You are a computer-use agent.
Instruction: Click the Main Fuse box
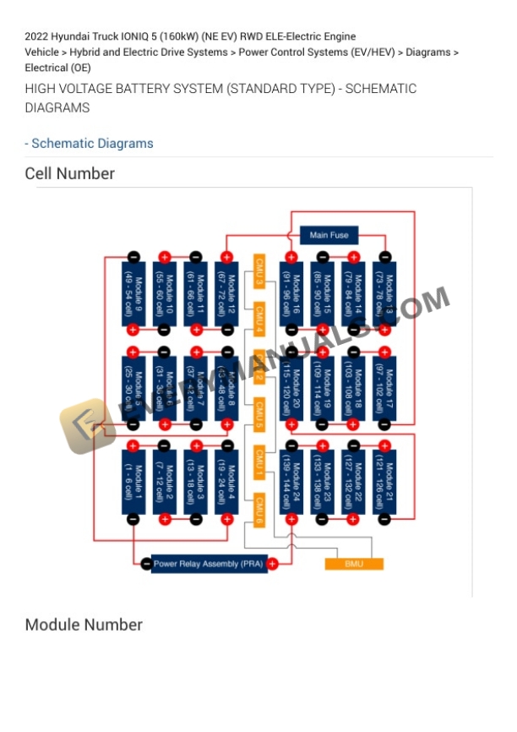(329, 235)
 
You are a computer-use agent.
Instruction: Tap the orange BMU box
(354, 564)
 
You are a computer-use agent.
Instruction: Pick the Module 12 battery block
(226, 292)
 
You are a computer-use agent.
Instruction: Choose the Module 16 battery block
(291, 292)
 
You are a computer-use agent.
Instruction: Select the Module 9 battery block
(133, 292)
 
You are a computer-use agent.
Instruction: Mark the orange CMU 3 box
(259, 266)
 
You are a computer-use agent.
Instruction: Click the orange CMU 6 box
(259, 509)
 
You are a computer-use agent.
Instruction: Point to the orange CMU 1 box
(259, 461)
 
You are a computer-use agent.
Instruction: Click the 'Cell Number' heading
(69, 173)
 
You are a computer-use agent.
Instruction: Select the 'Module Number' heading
(84, 625)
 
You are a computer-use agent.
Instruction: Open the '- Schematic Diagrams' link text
(90, 144)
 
